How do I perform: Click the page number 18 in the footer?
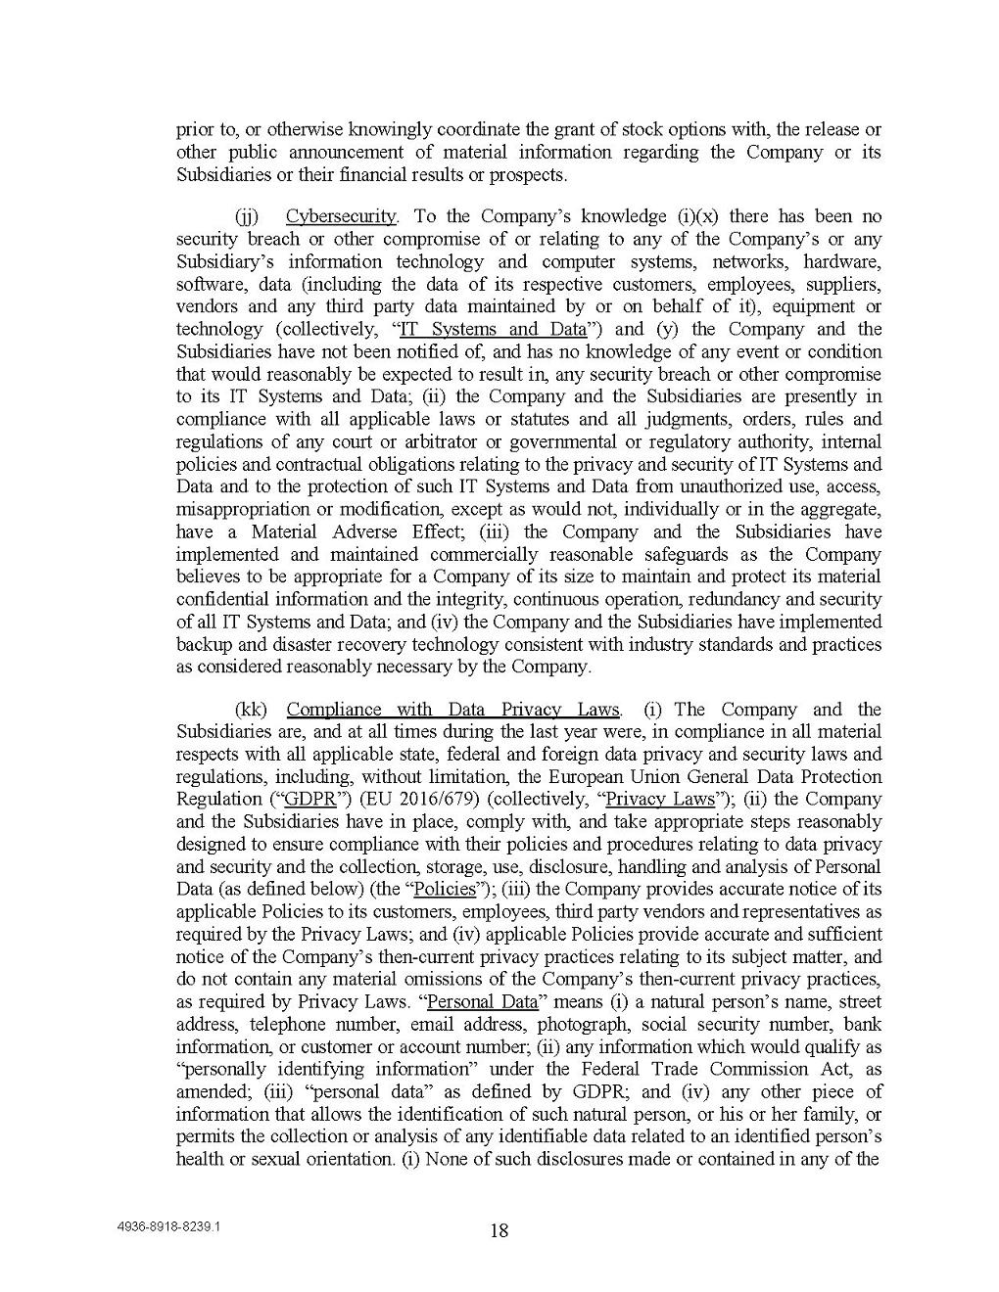(x=499, y=1230)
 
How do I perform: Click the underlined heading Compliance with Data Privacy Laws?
(x=453, y=710)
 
